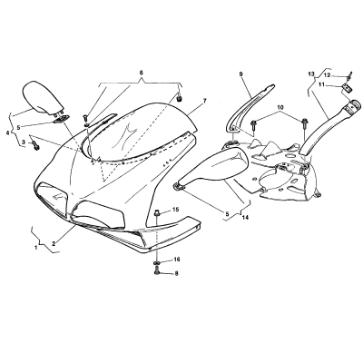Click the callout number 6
click(x=141, y=73)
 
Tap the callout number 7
click(x=204, y=101)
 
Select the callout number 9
click(x=240, y=74)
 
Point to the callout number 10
click(x=280, y=107)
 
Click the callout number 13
click(x=311, y=74)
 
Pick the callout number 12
click(x=328, y=75)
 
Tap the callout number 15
click(x=176, y=210)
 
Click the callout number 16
click(x=177, y=260)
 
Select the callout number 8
click(x=176, y=274)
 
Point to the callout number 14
click(x=245, y=217)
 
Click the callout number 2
click(x=54, y=243)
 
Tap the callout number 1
click(x=36, y=248)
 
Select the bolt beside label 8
click(x=157, y=272)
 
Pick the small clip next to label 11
click(x=347, y=89)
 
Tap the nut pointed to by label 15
click(x=157, y=213)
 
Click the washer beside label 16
click(x=157, y=262)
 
